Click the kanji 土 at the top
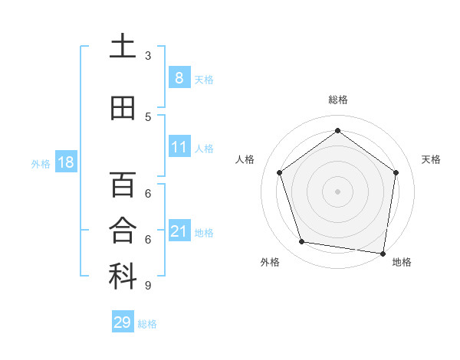point(123,46)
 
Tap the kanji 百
point(123,185)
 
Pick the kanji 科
point(123,277)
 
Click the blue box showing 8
point(179,78)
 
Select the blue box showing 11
point(179,146)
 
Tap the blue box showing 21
point(179,231)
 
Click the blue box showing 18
point(64,162)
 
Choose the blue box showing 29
point(123,322)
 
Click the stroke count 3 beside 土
point(148,55)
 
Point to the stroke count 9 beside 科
point(148,286)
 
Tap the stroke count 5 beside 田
point(148,116)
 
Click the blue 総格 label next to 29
point(147,324)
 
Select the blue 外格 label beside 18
point(40,163)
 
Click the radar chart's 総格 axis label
point(337,100)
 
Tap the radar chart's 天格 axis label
point(431,159)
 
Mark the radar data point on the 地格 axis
point(383,253)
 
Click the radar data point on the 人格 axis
point(280,172)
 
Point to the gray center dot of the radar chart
point(337,191)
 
